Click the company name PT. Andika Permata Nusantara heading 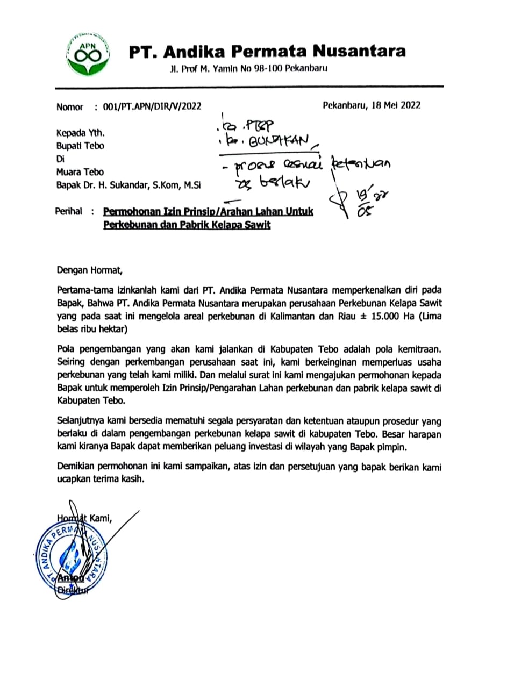(x=267, y=52)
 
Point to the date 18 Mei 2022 (x=396, y=105)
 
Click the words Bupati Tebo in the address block (x=80, y=146)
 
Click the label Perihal (x=69, y=211)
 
